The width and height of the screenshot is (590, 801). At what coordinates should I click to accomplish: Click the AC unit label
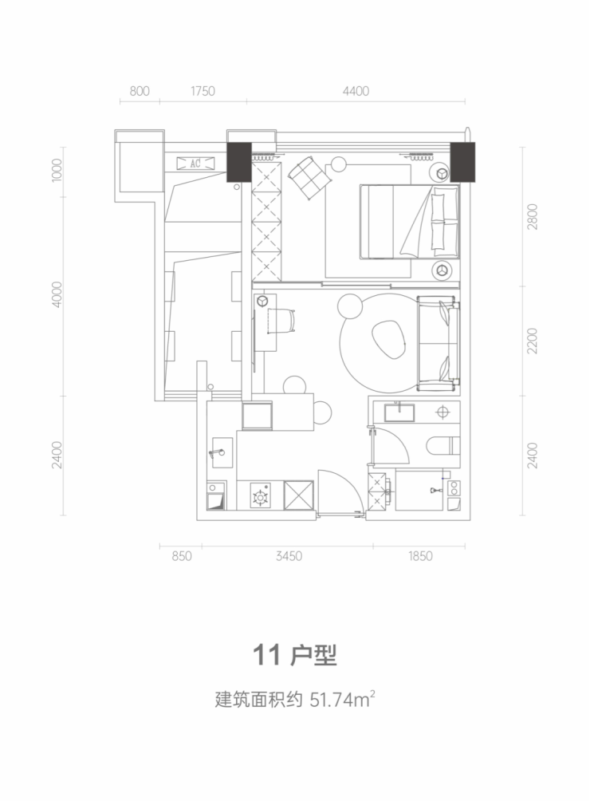click(x=195, y=164)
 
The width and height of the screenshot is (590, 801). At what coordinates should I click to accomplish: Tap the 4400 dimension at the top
click(x=356, y=91)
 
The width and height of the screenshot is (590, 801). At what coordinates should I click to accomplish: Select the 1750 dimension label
click(x=203, y=91)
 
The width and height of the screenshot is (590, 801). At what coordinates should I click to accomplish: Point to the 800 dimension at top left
click(x=140, y=91)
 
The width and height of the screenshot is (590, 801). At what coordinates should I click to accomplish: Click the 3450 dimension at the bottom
click(x=289, y=556)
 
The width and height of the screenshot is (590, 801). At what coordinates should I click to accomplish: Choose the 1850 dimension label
click(x=420, y=556)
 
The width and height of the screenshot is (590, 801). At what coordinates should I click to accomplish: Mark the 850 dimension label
click(x=181, y=556)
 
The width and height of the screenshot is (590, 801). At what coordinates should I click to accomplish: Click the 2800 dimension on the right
click(x=533, y=216)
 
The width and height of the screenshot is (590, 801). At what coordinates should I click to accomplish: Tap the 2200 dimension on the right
click(x=533, y=341)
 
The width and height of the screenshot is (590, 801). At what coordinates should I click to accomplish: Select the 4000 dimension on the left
click(x=57, y=294)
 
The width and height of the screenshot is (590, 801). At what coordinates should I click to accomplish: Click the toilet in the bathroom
click(x=443, y=445)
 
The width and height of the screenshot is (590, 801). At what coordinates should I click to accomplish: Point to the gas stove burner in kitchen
click(x=261, y=496)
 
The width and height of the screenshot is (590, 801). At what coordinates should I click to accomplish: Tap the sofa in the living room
click(x=439, y=343)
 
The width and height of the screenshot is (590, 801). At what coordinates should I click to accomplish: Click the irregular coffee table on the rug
click(x=389, y=340)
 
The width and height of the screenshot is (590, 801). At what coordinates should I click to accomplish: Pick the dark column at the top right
click(x=462, y=162)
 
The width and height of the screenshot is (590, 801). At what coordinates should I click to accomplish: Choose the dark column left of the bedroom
click(x=239, y=162)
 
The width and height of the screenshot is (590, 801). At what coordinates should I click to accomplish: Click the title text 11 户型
click(x=295, y=656)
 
